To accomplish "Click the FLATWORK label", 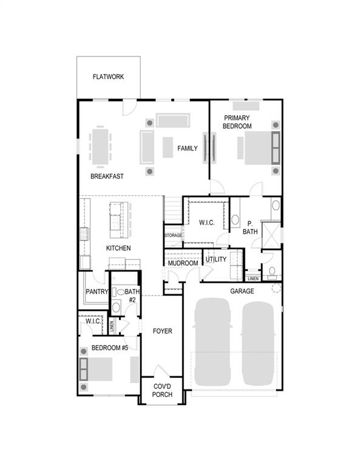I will (108, 77).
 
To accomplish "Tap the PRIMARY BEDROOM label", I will (237, 121).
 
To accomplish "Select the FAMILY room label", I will (187, 148).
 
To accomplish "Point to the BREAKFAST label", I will (107, 177).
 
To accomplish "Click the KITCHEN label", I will (118, 248).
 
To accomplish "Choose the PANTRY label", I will (96, 292).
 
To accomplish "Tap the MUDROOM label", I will (183, 263).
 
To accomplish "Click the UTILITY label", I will (216, 259).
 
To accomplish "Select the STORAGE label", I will (173, 235).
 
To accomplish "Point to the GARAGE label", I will (242, 291).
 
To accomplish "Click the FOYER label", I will (162, 331).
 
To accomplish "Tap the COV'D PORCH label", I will (161, 390).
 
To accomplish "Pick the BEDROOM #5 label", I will (109, 348).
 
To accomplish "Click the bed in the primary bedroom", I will (260, 148).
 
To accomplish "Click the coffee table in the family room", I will (168, 146).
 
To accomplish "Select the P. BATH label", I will (250, 227).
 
